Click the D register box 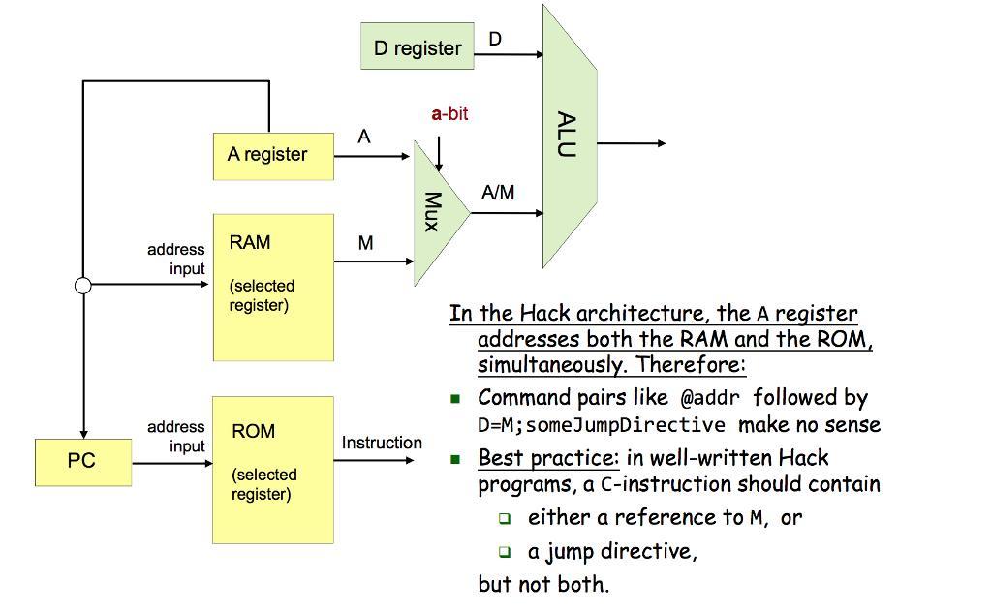[418, 46]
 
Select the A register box [273, 155]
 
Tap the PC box [83, 461]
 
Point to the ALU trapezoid [569, 136]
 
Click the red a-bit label [449, 113]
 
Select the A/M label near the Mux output [498, 193]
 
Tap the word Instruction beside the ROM [382, 443]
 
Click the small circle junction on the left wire [83, 285]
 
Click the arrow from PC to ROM [171, 463]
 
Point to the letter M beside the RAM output [365, 243]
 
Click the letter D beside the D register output [495, 39]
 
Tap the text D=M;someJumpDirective [602, 425]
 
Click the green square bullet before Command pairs [455, 398]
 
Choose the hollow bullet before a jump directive [505, 552]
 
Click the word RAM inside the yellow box [250, 242]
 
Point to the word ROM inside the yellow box [253, 431]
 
